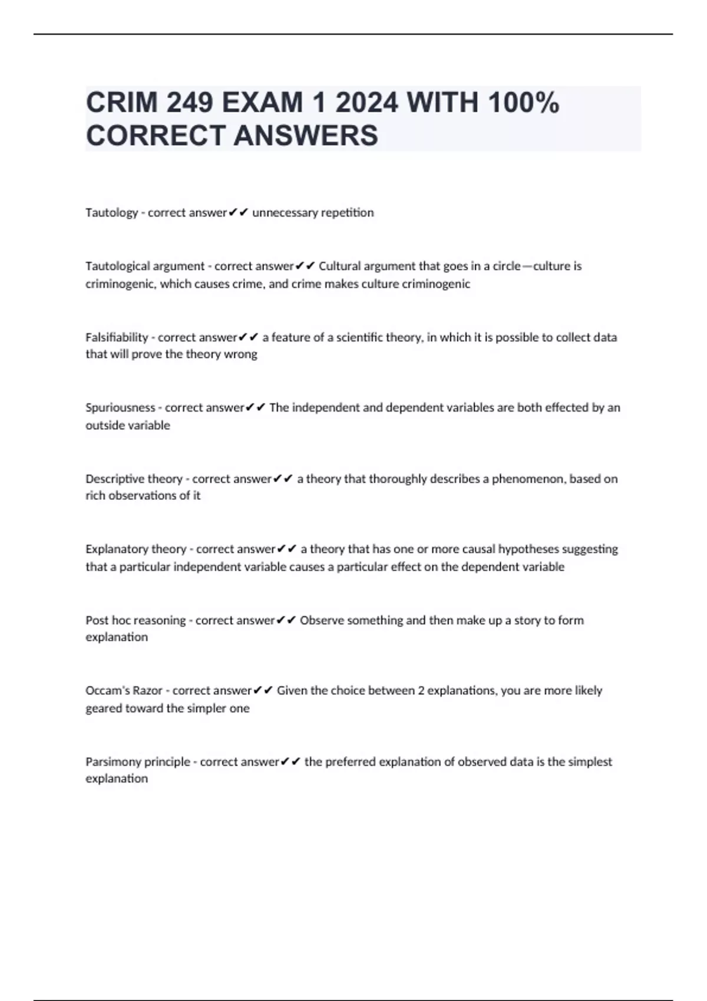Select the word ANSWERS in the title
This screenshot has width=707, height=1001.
[x=306, y=135]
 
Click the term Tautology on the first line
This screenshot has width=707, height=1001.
[x=111, y=213]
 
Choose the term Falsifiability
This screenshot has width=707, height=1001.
[x=117, y=337]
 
